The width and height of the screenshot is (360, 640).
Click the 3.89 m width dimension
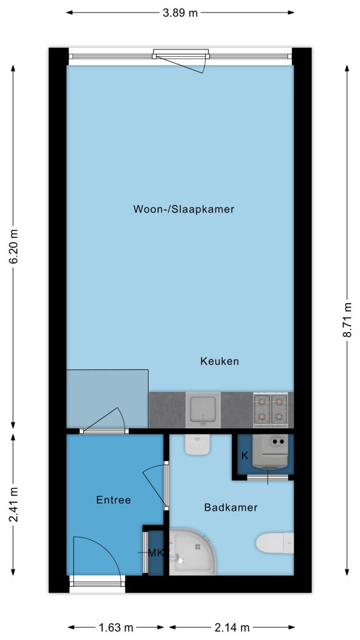[180, 12]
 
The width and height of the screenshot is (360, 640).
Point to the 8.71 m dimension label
[347, 320]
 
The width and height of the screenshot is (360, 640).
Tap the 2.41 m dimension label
[14, 504]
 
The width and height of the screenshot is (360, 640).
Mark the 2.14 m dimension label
[232, 627]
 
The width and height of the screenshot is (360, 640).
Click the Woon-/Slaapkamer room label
[184, 209]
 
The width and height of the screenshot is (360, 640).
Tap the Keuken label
[219, 361]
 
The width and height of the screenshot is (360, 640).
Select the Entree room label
[114, 500]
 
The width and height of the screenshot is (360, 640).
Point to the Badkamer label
[231, 507]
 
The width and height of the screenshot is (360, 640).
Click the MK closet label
[156, 553]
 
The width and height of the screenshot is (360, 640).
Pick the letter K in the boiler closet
[245, 456]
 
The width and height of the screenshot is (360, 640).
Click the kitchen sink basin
[203, 409]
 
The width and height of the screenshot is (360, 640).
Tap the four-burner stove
[270, 409]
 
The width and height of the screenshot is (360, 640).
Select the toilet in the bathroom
[275, 543]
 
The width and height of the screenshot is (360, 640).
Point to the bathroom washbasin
[198, 445]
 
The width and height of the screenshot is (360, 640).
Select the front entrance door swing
[97, 556]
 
